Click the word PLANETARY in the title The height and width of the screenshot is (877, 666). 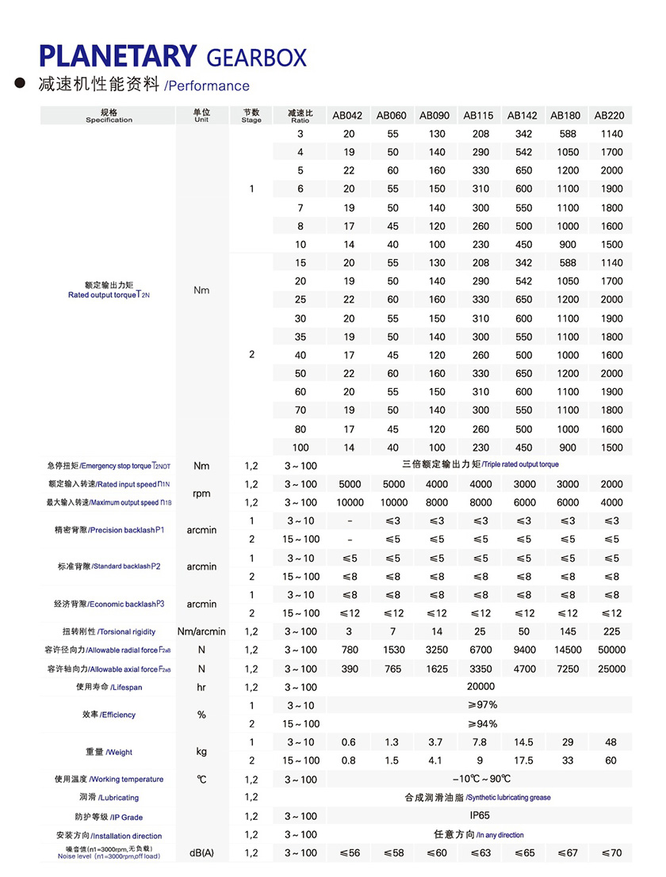[x=117, y=56]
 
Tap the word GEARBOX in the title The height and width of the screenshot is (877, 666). [x=255, y=57]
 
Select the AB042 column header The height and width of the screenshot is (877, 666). [x=347, y=116]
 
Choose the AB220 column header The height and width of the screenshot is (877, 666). [x=609, y=116]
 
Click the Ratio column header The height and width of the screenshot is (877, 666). [x=300, y=116]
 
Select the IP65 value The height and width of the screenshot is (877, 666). [x=480, y=816]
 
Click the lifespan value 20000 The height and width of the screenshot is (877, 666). [x=480, y=687]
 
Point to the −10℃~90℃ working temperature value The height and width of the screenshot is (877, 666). [x=481, y=779]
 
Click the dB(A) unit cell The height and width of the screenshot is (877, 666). [x=201, y=853]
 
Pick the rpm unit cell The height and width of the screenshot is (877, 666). [x=201, y=494]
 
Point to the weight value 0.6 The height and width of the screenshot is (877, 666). [x=349, y=742]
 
